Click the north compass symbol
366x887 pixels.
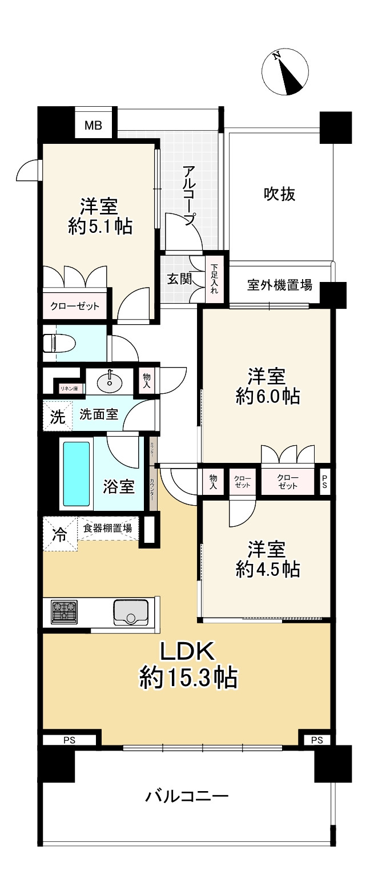pyautogui.click(x=285, y=72)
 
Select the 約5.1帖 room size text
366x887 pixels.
pyautogui.click(x=100, y=227)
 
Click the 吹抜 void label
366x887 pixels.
pyautogui.click(x=280, y=194)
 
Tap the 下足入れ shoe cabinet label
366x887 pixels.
pyautogui.click(x=214, y=279)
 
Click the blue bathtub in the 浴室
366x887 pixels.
pyautogui.click(x=77, y=473)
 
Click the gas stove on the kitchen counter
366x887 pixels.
pyautogui.click(x=65, y=612)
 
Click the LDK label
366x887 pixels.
pyautogui.click(x=187, y=652)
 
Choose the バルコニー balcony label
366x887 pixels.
pyautogui.click(x=187, y=796)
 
